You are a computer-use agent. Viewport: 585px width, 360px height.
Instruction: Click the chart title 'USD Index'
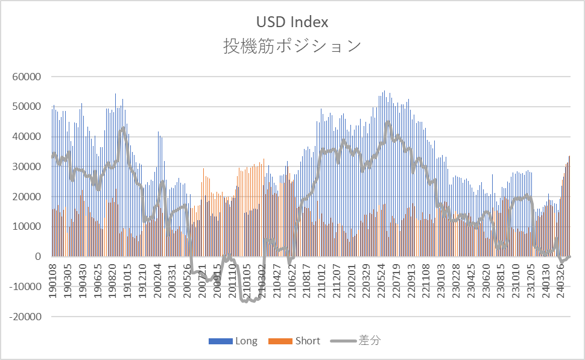[292, 22]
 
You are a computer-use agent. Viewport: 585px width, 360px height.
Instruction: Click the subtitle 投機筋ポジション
[292, 46]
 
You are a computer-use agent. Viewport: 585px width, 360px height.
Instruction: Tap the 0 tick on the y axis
[38, 257]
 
